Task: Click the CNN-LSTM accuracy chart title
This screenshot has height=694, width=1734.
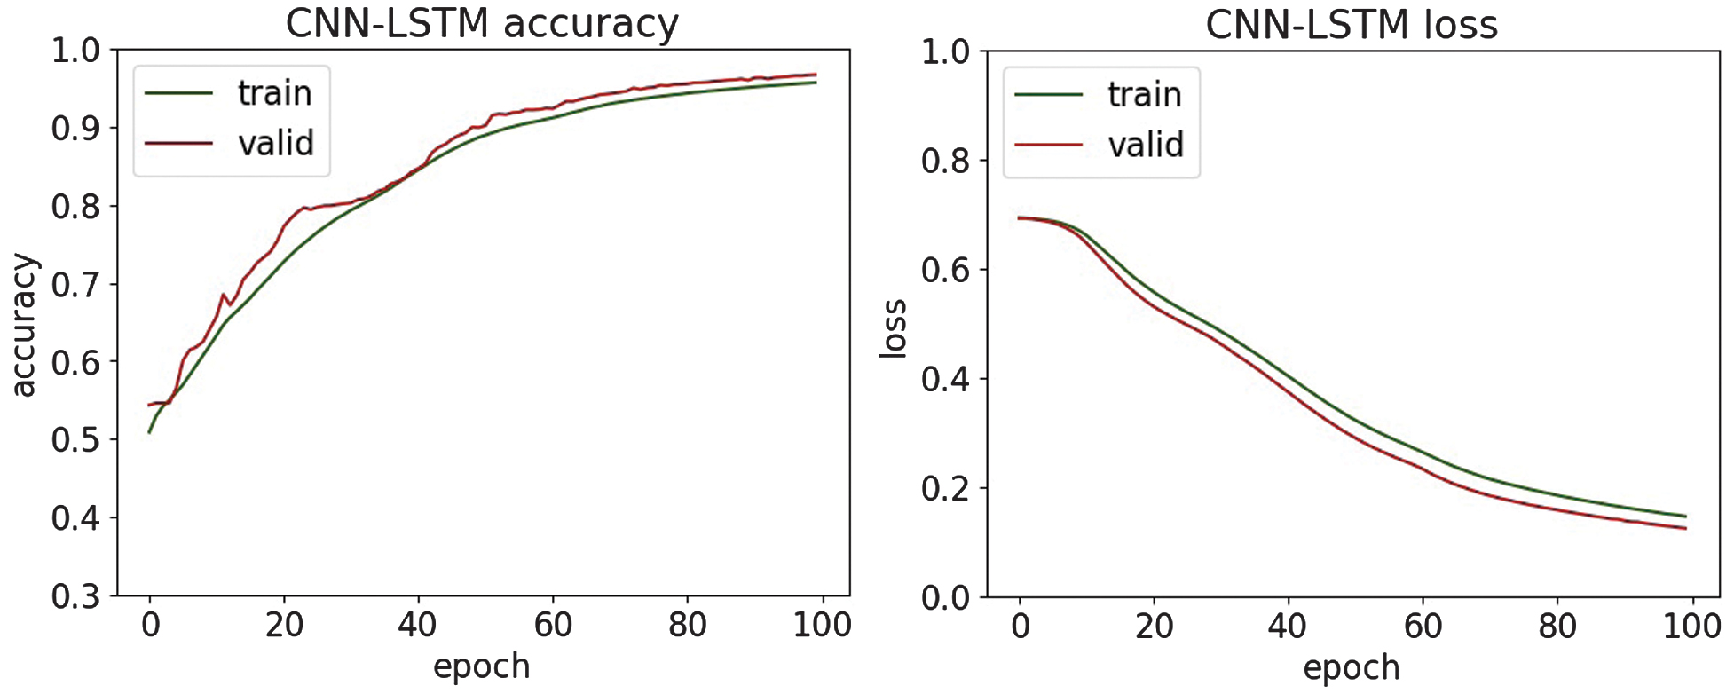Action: (x=482, y=24)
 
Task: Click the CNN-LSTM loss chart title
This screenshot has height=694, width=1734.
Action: (x=1351, y=25)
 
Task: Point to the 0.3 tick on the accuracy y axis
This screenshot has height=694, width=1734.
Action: (x=76, y=596)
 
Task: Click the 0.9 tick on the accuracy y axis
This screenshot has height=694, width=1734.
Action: (x=76, y=128)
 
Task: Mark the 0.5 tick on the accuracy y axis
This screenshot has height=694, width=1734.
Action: (x=76, y=439)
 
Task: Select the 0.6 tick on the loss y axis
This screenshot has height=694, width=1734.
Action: (x=946, y=270)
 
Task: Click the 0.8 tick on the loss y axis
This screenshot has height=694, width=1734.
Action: (x=946, y=161)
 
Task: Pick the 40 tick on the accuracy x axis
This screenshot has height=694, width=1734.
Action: (x=418, y=625)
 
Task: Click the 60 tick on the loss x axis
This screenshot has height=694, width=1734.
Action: (x=1423, y=627)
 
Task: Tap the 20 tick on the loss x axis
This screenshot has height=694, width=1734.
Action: (x=1154, y=627)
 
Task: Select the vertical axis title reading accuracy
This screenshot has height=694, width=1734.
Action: (x=24, y=325)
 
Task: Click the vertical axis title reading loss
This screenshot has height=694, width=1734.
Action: (x=893, y=329)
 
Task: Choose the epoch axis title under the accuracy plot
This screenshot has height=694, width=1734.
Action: (x=482, y=666)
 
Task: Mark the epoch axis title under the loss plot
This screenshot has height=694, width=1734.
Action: (x=1351, y=667)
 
